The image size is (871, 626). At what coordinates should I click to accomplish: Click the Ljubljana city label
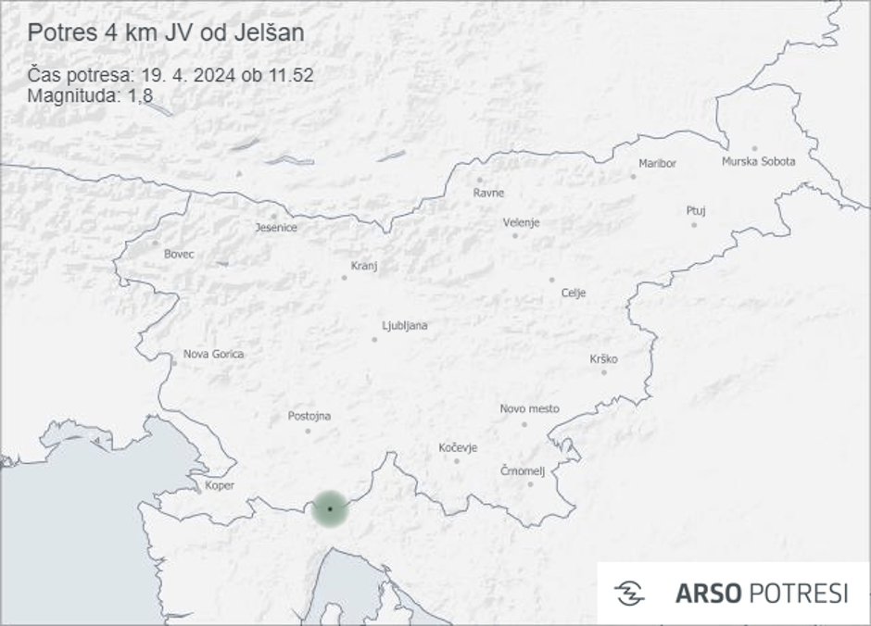(405, 326)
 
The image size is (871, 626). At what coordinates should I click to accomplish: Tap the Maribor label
(658, 164)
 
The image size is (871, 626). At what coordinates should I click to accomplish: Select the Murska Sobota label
(758, 162)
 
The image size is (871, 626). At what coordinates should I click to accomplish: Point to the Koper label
(220, 485)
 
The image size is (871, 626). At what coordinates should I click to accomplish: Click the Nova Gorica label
(214, 354)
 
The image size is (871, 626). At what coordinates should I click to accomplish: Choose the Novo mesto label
(529, 408)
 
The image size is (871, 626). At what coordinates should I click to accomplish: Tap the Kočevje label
(458, 448)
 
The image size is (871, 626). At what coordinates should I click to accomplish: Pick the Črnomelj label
(523, 471)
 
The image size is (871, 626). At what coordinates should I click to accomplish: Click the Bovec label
(179, 254)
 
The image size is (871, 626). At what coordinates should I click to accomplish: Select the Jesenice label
(276, 228)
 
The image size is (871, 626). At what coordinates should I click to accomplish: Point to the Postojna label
(309, 416)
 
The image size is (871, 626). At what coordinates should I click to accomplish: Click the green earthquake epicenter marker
(330, 508)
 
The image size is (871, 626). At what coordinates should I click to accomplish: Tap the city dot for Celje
(551, 280)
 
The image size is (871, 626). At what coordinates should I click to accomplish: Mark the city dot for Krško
(603, 372)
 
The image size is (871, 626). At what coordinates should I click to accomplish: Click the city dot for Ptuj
(694, 225)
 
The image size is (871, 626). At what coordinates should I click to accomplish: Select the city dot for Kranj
(344, 277)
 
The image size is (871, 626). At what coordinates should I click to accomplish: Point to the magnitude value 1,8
(141, 94)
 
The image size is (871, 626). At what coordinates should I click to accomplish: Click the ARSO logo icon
(629, 593)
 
